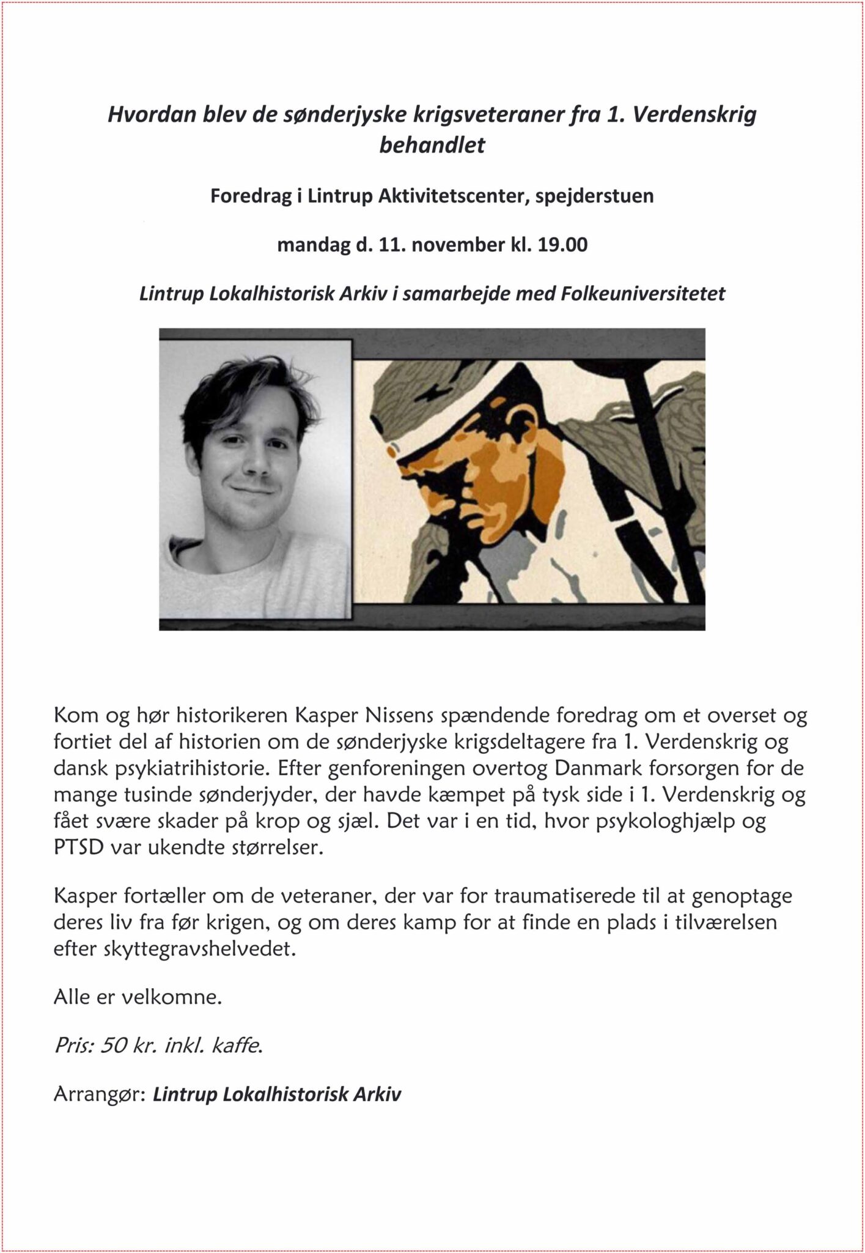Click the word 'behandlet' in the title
[x=432, y=146]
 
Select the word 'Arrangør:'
[x=98, y=1094]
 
